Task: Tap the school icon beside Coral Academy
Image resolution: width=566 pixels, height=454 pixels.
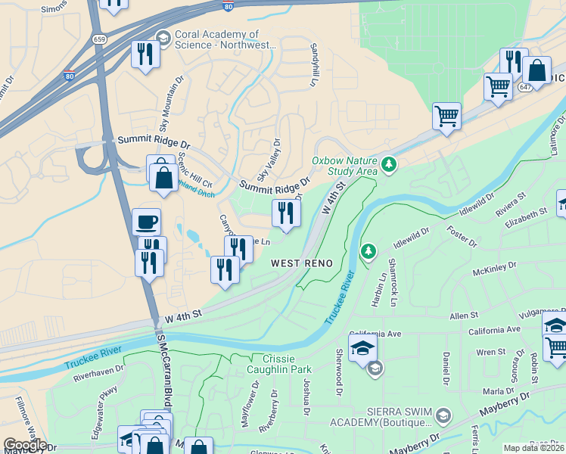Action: pyautogui.click(x=163, y=38)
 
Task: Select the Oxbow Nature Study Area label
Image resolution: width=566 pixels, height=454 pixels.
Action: pyautogui.click(x=344, y=165)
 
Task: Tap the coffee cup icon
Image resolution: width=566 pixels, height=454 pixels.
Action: pyautogui.click(x=146, y=222)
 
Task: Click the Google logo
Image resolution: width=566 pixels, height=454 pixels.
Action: pyautogui.click(x=24, y=445)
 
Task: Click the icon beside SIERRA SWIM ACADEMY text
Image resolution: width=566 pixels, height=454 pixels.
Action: pyautogui.click(x=443, y=415)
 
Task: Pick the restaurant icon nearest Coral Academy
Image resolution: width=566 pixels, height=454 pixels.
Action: pyautogui.click(x=145, y=54)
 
